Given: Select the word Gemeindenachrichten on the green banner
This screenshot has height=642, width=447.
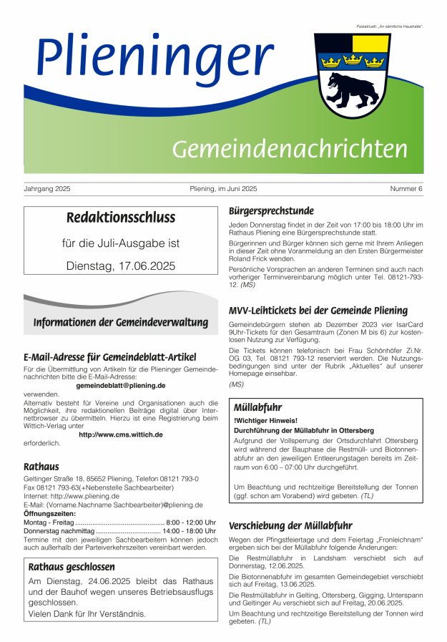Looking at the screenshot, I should pos(289,149).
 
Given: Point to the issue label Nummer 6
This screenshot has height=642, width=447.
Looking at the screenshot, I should pos(406,189).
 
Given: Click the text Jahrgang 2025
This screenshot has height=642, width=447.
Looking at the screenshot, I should pos(47,189).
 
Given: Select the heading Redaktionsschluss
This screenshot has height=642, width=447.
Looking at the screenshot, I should pos(120,218).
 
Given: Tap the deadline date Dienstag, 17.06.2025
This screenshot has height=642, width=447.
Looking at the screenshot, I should pos(120,266).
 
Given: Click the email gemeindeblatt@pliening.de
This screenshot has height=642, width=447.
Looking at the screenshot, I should pos(120,385).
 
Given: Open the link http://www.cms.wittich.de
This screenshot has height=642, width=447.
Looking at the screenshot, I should pos(120,434).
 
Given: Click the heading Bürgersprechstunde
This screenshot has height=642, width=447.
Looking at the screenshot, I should pos(271,211).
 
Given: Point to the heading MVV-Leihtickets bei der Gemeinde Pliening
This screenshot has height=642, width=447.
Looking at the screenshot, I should pos(318,311).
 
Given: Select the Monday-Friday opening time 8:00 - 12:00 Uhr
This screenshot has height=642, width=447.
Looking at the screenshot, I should pos(191,522).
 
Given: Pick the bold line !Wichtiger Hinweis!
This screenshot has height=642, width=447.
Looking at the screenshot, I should pos(265,420).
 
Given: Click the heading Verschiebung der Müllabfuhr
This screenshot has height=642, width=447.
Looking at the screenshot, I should pos(290,525).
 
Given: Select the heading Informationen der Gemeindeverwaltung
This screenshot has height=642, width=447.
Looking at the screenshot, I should pos(120,323).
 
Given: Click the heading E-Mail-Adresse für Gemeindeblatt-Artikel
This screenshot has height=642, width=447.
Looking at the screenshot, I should pos(109,357).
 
